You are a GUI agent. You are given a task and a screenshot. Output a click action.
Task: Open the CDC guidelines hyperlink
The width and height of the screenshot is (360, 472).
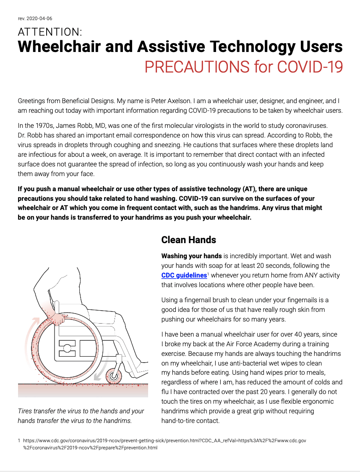click(184, 275)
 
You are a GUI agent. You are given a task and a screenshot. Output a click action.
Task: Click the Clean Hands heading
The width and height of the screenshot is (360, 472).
click(188, 240)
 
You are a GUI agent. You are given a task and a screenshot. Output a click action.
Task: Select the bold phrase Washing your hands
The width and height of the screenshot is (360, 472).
click(191, 256)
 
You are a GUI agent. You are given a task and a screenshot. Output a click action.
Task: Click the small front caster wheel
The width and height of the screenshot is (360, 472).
click(114, 376)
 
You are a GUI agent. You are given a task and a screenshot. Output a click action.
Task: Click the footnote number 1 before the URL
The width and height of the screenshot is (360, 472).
click(19, 441)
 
